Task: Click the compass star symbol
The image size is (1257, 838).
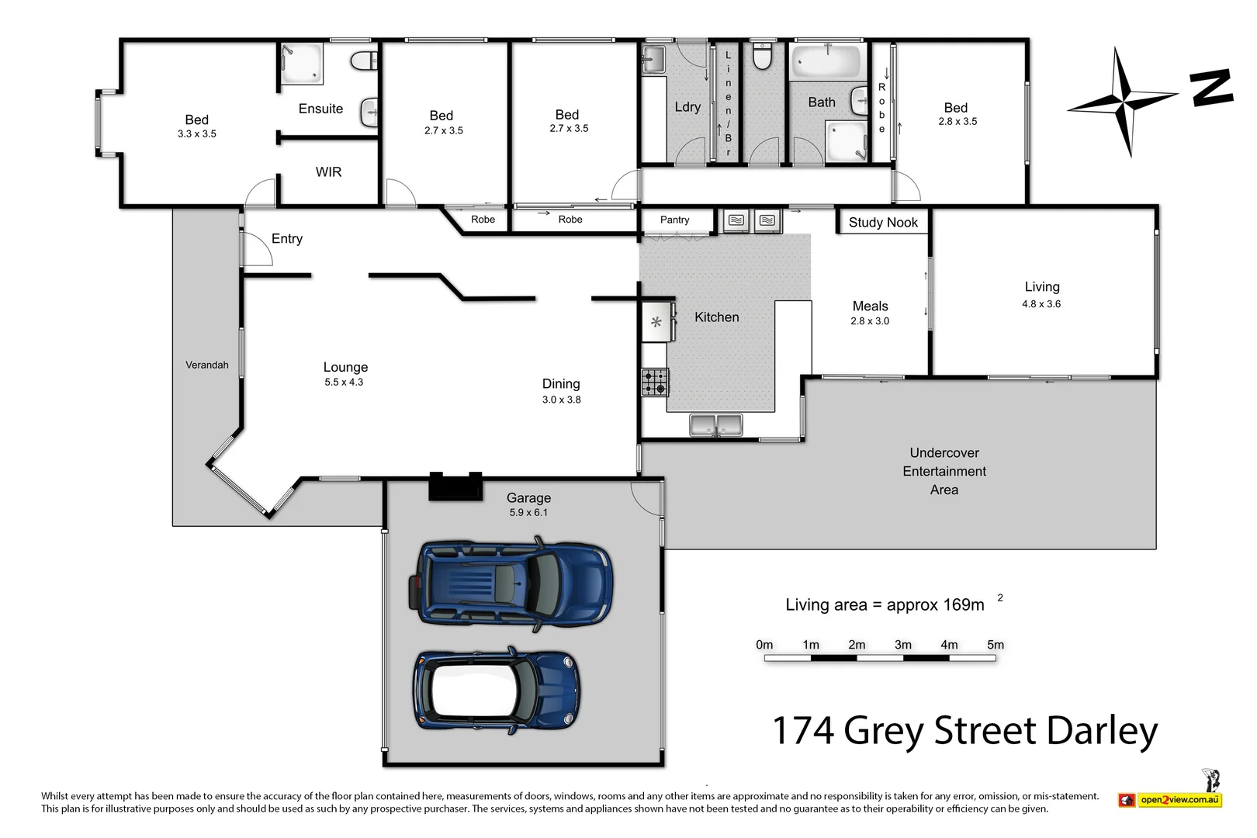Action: (1122, 101)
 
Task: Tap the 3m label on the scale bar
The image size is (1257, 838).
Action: (902, 645)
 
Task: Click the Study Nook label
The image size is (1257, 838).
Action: (883, 223)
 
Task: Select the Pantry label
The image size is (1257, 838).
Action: (674, 220)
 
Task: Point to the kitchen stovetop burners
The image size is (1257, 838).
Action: (655, 383)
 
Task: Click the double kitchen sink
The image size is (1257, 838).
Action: (716, 425)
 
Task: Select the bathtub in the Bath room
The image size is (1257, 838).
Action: (827, 61)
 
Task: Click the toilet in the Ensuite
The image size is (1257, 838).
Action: (363, 61)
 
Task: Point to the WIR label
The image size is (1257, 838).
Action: (328, 172)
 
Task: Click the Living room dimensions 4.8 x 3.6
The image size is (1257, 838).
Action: (1041, 304)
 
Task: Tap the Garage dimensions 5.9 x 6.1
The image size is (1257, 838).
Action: (528, 513)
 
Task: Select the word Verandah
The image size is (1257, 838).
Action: (207, 365)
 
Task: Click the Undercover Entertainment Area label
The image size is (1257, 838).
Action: (944, 471)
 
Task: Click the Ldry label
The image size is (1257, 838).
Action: (687, 107)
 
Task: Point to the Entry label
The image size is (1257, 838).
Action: (287, 239)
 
